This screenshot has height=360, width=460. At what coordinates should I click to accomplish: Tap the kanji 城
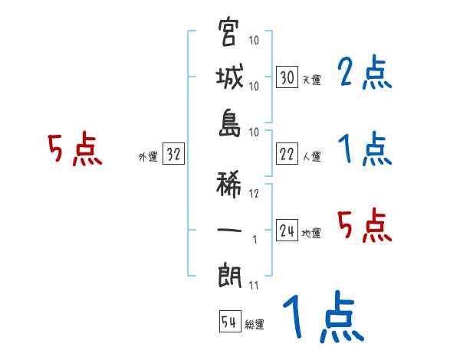point(229,77)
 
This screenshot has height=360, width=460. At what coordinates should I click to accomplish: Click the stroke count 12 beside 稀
point(255,194)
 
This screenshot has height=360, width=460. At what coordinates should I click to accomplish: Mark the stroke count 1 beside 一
point(254,240)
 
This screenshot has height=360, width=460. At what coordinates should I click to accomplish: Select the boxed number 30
point(287,77)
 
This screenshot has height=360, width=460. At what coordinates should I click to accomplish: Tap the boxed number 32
point(173,155)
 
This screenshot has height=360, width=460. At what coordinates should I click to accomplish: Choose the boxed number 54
point(228,322)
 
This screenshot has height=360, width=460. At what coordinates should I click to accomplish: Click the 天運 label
point(310,80)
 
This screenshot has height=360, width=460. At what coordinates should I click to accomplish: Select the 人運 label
point(310,157)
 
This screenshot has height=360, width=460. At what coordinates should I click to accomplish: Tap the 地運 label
point(310,234)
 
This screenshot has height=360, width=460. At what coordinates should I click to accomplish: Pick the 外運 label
point(147,157)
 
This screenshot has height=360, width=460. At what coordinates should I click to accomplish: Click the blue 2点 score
point(363,74)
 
